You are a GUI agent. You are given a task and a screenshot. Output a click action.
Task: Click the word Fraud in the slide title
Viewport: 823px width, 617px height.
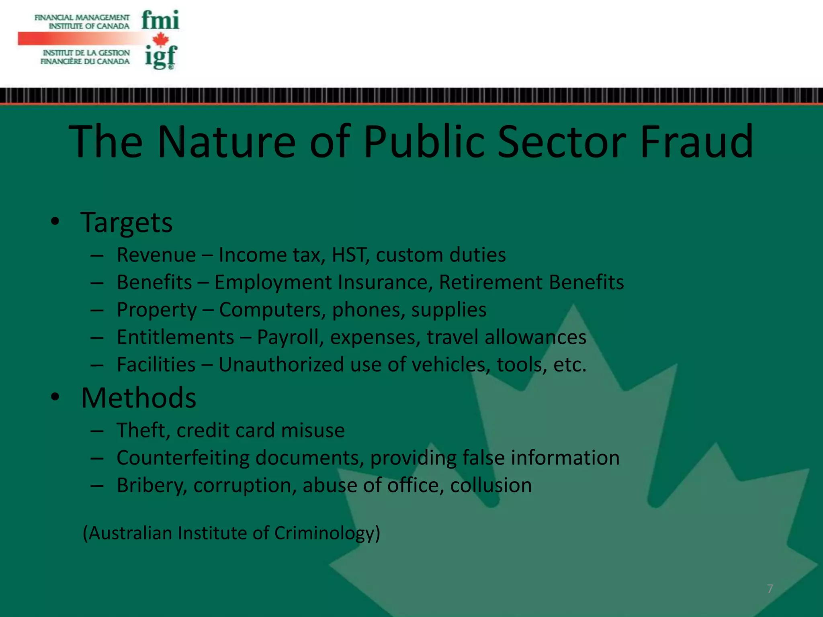click(696, 141)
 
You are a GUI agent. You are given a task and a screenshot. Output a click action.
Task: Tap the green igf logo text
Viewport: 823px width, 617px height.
click(161, 57)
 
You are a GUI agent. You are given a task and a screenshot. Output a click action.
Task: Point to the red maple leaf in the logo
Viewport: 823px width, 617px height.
click(161, 39)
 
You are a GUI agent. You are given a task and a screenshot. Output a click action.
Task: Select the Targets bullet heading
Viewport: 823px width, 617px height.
click(127, 223)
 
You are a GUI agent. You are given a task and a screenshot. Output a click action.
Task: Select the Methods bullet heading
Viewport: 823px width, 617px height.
click(139, 398)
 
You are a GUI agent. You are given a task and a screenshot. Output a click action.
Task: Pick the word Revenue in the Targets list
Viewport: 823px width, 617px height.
click(156, 255)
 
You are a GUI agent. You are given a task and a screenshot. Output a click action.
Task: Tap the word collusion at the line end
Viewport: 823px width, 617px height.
click(491, 485)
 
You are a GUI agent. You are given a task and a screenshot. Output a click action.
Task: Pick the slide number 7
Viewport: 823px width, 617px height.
click(770, 589)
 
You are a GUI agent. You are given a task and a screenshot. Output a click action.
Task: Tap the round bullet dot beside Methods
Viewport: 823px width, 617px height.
click(55, 397)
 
